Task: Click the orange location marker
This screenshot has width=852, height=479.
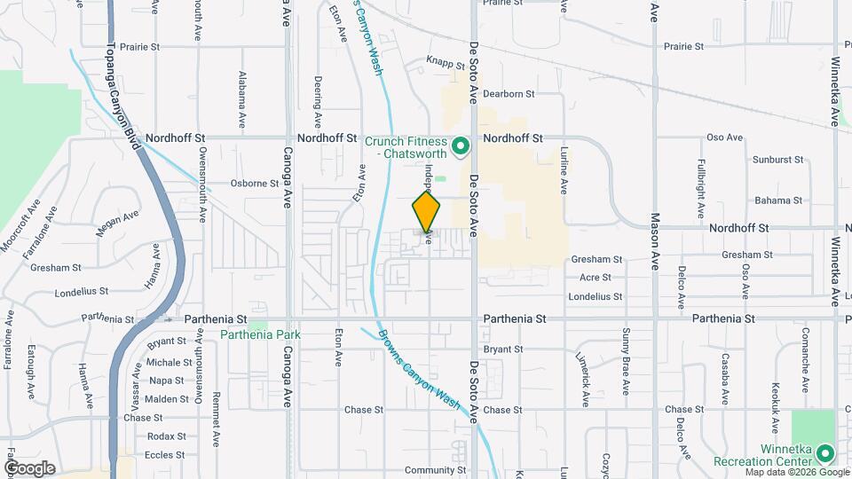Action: click(x=427, y=212)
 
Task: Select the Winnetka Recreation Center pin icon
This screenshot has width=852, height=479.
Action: click(x=825, y=454)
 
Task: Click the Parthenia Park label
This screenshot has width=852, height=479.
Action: click(x=262, y=334)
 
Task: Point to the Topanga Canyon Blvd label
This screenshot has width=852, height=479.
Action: click(x=124, y=103)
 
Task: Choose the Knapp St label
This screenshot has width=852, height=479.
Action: click(x=446, y=64)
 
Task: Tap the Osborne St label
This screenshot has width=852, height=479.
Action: click(x=255, y=184)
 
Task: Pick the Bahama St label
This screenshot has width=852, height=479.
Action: click(x=772, y=200)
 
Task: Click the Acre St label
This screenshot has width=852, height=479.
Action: click(x=595, y=278)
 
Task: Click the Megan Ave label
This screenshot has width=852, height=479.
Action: click(x=118, y=223)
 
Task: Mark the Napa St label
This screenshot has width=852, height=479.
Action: click(x=166, y=381)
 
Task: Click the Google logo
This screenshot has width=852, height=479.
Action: click(x=30, y=467)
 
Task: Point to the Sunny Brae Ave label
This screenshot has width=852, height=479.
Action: click(x=626, y=355)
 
